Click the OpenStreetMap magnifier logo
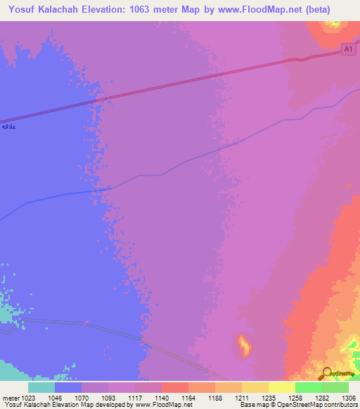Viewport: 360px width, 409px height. tap(327, 375)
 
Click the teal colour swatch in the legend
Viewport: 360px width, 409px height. tap(41, 387)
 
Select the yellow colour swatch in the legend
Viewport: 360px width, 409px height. tap(281, 387)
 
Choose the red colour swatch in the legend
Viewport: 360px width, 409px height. tap(174, 387)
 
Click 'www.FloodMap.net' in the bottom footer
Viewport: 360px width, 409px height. tap(163, 405)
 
